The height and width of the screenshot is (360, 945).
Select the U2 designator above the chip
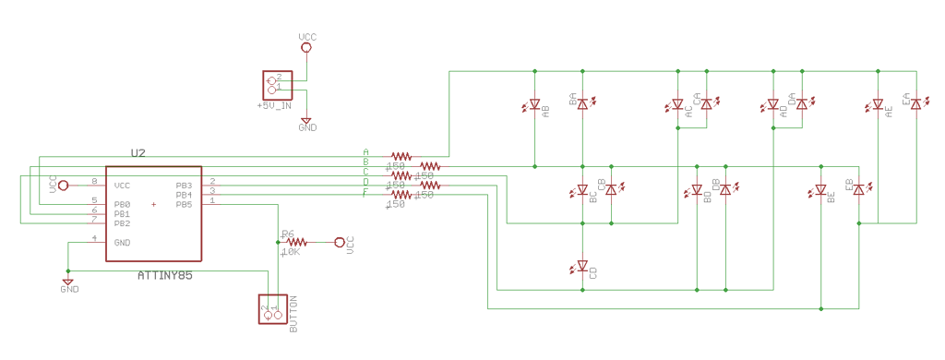[138, 152]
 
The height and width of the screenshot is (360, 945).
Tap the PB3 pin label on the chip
[184, 186]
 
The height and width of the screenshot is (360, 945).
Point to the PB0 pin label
[122, 204]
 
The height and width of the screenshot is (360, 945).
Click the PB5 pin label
[184, 205]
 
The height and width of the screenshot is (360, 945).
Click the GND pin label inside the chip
[122, 243]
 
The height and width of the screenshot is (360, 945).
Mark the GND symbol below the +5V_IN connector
[306, 120]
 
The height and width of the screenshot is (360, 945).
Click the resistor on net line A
[401, 156]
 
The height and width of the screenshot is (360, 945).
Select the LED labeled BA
[582, 104]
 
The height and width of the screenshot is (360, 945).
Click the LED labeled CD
[582, 267]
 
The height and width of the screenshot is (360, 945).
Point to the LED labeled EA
[915, 104]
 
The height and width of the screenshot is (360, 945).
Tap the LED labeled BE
[820, 190]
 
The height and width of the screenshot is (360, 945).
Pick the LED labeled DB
[724, 189]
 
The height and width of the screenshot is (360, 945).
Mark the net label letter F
[365, 192]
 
